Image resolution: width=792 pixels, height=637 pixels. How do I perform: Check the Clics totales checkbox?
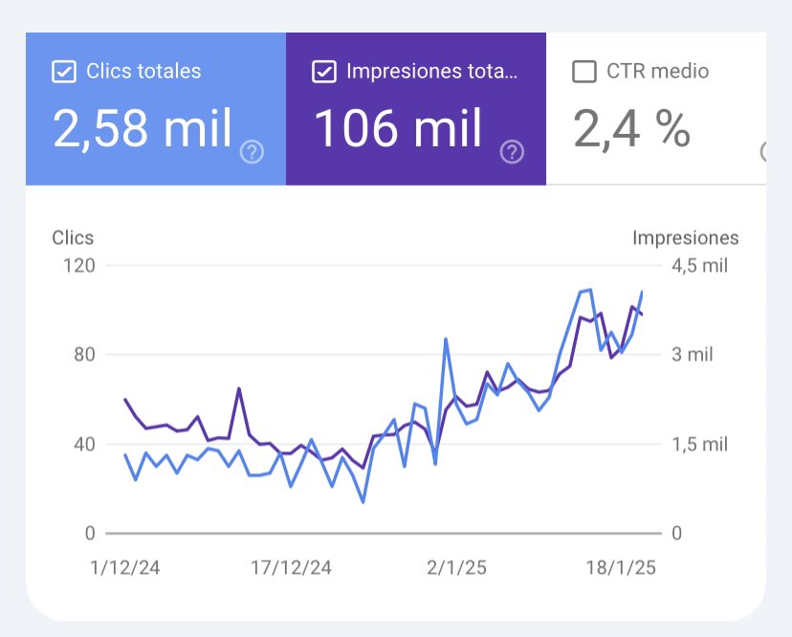pos(64,72)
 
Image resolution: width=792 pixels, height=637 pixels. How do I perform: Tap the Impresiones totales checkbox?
pos(324,72)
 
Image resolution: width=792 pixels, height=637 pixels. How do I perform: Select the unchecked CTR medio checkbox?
pos(583,72)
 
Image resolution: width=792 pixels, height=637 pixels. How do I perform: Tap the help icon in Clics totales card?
pos(252,151)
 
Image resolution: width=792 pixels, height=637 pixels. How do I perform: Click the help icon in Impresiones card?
pos(513,151)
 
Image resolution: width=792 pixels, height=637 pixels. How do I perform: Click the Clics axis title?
pos(73,238)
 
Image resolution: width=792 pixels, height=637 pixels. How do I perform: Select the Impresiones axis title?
pos(685,238)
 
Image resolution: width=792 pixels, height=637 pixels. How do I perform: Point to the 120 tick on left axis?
pos(80,265)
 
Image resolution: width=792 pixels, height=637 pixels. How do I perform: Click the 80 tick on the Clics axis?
pos(85,355)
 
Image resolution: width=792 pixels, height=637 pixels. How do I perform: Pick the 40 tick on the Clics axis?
pos(85,444)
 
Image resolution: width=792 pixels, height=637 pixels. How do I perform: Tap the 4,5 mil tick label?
pos(700,265)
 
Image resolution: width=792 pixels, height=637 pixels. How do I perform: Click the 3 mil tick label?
pos(692,355)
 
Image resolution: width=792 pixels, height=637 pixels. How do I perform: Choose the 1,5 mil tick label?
pos(700,444)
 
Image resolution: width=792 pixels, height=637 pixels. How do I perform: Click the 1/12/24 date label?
pos(124,567)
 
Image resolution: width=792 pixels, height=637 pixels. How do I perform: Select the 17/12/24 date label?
pos(291,567)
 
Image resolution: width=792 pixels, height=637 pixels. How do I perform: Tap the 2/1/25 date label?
pos(456,567)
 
